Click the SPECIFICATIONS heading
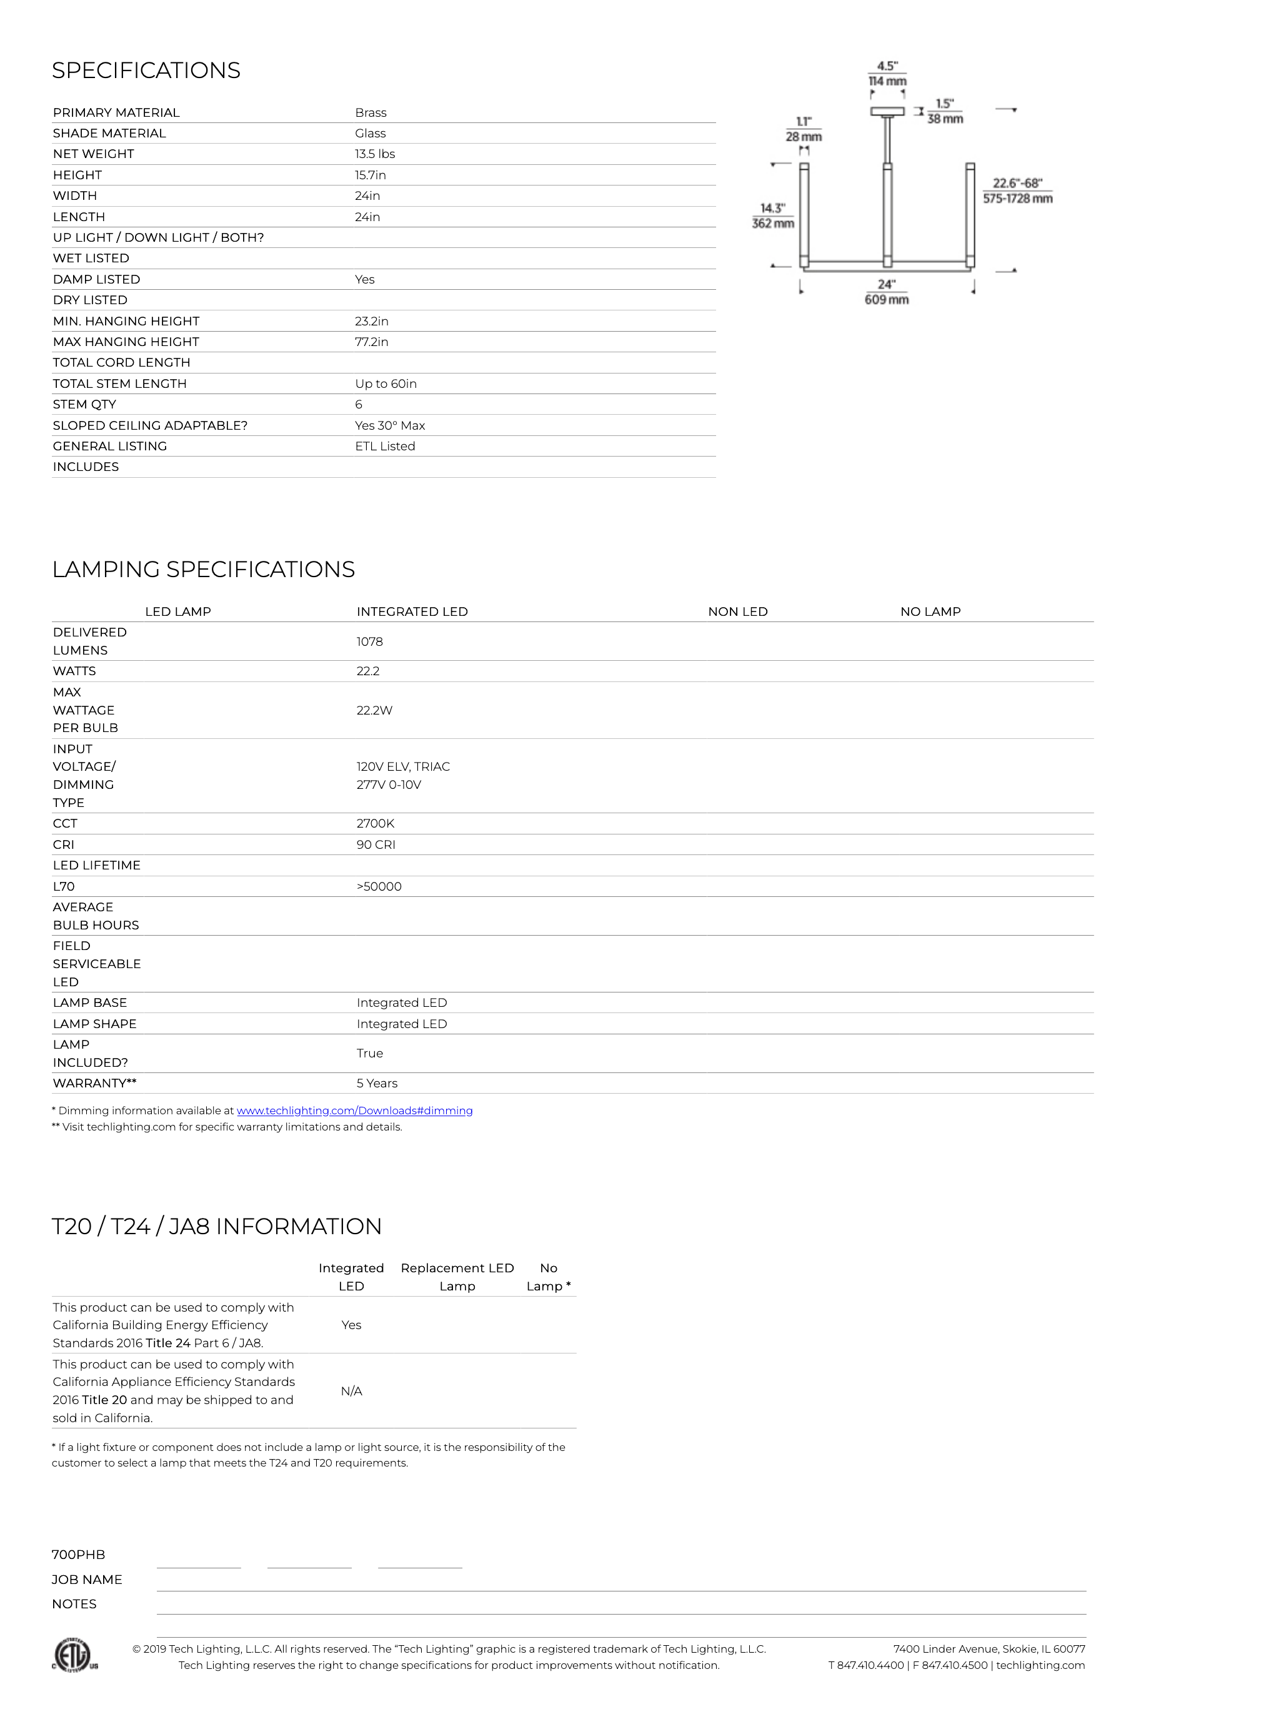pyautogui.click(x=146, y=70)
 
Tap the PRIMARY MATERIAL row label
pyautogui.click(x=116, y=113)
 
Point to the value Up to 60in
pyautogui.click(x=386, y=384)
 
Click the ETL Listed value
pyautogui.click(x=385, y=446)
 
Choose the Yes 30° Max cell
pyautogui.click(x=390, y=425)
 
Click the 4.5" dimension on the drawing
pyautogui.click(x=887, y=66)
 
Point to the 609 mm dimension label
pyautogui.click(x=886, y=300)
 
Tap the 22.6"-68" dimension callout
pyautogui.click(x=1017, y=183)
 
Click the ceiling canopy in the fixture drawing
pyautogui.click(x=887, y=111)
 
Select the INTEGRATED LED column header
pyautogui.click(x=411, y=611)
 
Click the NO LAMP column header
pyautogui.click(x=930, y=611)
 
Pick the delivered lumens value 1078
pyautogui.click(x=369, y=641)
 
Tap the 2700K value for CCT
pyautogui.click(x=375, y=824)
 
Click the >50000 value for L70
pyautogui.click(x=379, y=886)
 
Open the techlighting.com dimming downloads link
pyautogui.click(x=354, y=1111)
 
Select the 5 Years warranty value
pyautogui.click(x=376, y=1083)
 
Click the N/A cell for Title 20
pyautogui.click(x=351, y=1392)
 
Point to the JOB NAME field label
pyautogui.click(x=87, y=1580)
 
